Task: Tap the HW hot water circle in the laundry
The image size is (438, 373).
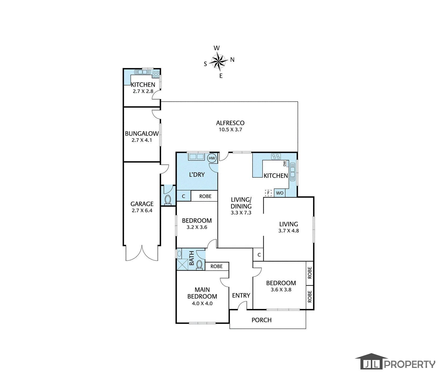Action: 212,158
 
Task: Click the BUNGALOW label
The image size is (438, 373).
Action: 142,133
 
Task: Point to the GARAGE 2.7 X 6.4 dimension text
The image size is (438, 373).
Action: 142,211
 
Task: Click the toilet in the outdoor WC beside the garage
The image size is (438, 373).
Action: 168,200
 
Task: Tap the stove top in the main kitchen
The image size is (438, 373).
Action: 276,156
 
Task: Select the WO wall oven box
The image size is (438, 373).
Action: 280,193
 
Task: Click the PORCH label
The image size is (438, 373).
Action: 261,320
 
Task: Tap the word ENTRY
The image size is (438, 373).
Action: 241,295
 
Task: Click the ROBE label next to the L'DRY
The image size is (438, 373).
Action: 205,196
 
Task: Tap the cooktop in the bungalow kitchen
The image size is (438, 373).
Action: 156,74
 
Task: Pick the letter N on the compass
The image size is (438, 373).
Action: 232,60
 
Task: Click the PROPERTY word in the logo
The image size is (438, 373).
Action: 410,364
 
